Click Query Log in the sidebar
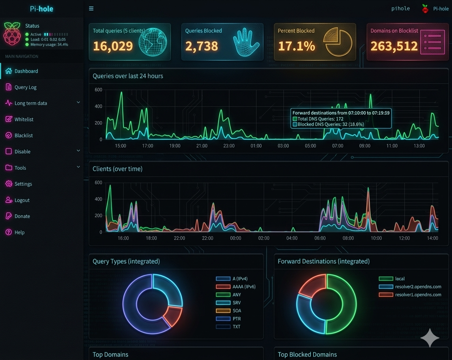[25, 87]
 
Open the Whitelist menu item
[24, 119]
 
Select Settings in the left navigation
[23, 184]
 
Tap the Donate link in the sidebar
[22, 216]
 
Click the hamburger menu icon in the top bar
[91, 8]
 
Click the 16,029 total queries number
[113, 46]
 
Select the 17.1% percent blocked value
[296, 46]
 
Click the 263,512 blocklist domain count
[394, 46]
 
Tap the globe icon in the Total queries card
[153, 42]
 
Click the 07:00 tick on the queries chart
[338, 146]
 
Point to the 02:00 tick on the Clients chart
[263, 238]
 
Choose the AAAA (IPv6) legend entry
[244, 287]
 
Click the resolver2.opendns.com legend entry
[418, 287]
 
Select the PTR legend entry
[237, 319]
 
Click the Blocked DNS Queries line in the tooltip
[331, 124]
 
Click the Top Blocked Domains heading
[307, 354]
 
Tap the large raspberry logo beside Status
[12, 34]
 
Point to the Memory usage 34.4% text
[49, 45]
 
